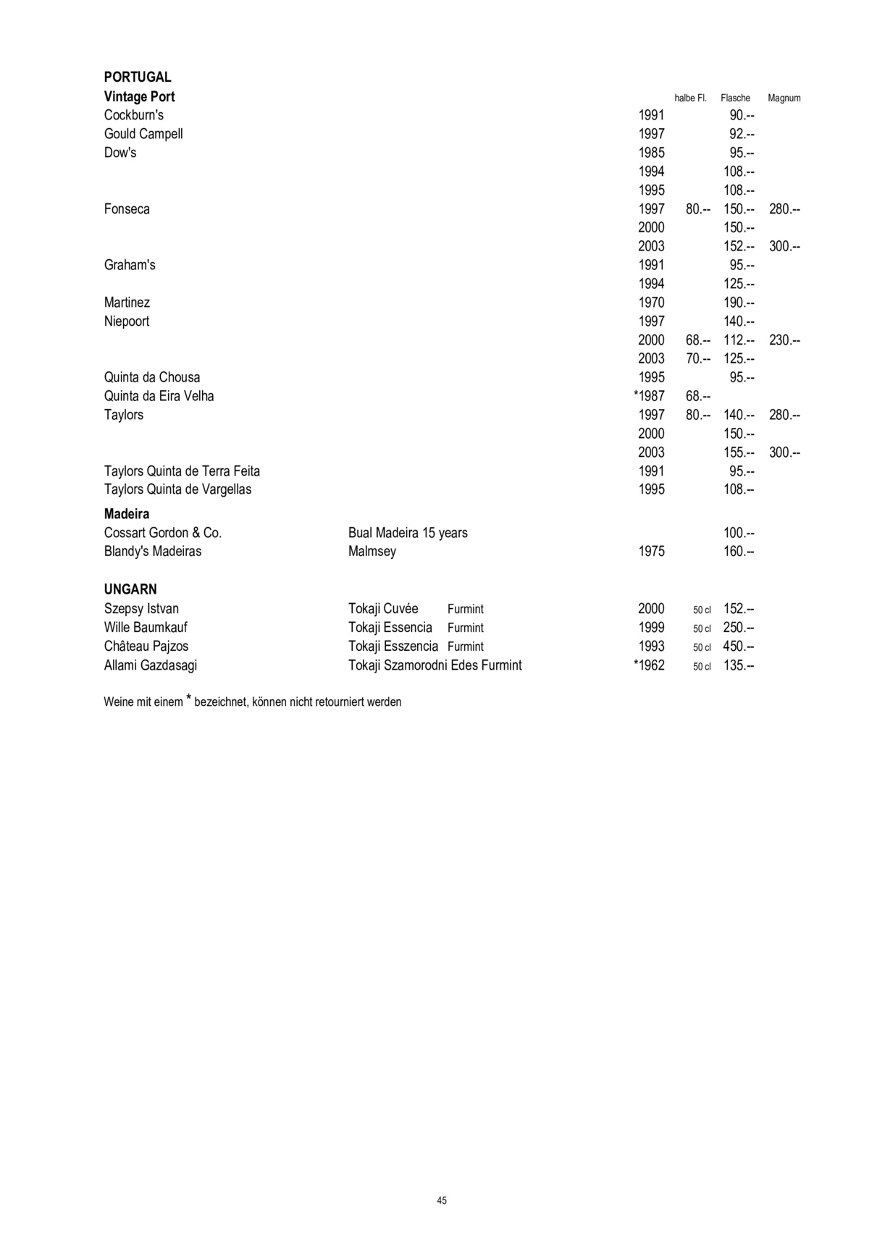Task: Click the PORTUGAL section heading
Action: [x=138, y=77]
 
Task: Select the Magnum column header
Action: [x=784, y=98]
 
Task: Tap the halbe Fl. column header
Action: [x=690, y=98]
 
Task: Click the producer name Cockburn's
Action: [x=134, y=115]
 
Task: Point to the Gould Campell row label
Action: [x=143, y=134]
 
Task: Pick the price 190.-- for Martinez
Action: [x=739, y=303]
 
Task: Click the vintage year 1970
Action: [x=651, y=303]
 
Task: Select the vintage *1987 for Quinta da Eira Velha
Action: [x=649, y=396]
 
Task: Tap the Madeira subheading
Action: [x=127, y=514]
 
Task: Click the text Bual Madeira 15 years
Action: [x=408, y=533]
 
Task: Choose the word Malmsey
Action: [x=372, y=552]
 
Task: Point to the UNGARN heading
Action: [x=130, y=589]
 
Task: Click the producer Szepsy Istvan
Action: [x=141, y=609]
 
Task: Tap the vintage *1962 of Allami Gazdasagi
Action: [x=649, y=665]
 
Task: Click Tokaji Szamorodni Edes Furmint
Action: [x=435, y=665]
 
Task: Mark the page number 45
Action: [x=442, y=1200]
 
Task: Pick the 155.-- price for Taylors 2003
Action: [x=739, y=452]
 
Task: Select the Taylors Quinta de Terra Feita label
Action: [x=182, y=471]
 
